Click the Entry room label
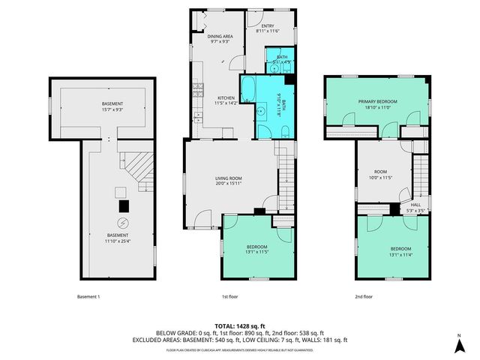[x=268, y=25]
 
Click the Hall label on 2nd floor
[x=415, y=204]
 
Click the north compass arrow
[x=459, y=344]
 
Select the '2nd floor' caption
[x=364, y=296]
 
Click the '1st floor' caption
[x=230, y=296]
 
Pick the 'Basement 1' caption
[x=88, y=296]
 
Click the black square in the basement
[x=124, y=205]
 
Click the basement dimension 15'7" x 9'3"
[x=112, y=111]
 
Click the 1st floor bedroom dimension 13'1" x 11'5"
[x=257, y=252]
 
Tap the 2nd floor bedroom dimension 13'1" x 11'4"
[x=400, y=254]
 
